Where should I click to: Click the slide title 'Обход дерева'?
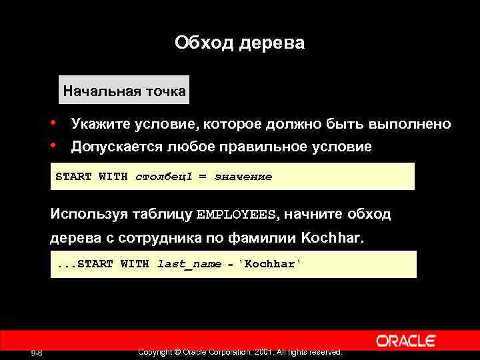pyautogui.click(x=239, y=43)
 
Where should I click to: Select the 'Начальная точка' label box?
pyautogui.click(x=124, y=91)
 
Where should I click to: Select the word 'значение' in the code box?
pyautogui.click(x=243, y=177)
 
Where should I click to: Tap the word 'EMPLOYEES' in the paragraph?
pyautogui.click(x=236, y=215)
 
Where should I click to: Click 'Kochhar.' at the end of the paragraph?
pyautogui.click(x=333, y=238)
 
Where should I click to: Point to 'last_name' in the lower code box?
pyautogui.click(x=189, y=264)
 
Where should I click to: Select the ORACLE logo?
pyautogui.click(x=406, y=341)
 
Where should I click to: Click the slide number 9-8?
pyautogui.click(x=37, y=353)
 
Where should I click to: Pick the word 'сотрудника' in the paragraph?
pyautogui.click(x=156, y=238)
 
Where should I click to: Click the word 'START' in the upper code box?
pyautogui.click(x=73, y=177)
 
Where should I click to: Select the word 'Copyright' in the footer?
pyautogui.click(x=154, y=352)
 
